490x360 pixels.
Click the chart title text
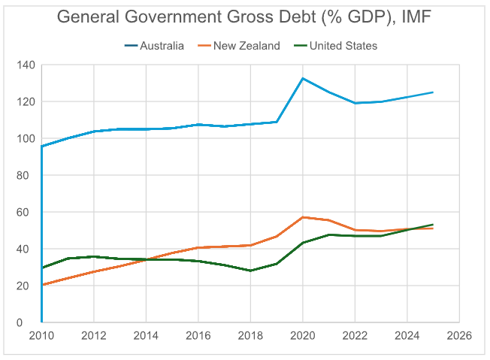(244, 17)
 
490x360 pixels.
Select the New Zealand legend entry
(247, 46)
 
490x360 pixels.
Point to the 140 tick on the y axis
(26, 65)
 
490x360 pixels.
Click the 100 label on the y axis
(26, 138)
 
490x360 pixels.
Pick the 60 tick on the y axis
(29, 212)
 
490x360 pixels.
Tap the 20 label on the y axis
(29, 286)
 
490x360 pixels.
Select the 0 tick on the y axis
(32, 322)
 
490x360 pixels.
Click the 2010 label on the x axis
(41, 336)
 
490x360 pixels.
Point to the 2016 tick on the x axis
(198, 336)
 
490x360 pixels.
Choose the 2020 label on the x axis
(302, 336)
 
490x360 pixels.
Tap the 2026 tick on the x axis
(458, 336)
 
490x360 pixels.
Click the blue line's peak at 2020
(302, 78)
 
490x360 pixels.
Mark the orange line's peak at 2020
(302, 217)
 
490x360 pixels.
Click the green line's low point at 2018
(250, 271)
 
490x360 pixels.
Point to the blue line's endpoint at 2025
(433, 92)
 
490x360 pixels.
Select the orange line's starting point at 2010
(42, 284)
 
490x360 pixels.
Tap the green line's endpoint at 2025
(433, 225)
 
